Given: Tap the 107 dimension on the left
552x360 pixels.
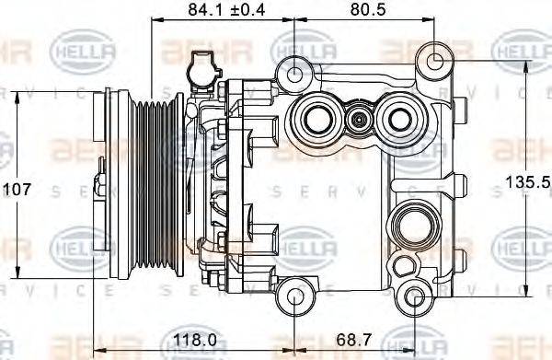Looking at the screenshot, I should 17,189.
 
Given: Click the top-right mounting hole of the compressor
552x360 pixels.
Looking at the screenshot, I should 433,62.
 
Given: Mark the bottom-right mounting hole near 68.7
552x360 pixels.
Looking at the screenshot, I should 416,296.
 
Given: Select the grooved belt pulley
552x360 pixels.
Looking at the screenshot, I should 152,184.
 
